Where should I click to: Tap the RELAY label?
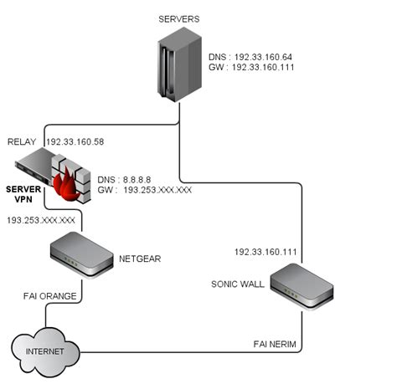22,142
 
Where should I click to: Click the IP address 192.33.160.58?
75,142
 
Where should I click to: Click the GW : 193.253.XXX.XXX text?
144,191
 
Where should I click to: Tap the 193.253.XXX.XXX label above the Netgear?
41,220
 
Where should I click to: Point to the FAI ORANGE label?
49,296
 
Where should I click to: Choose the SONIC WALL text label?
238,284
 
